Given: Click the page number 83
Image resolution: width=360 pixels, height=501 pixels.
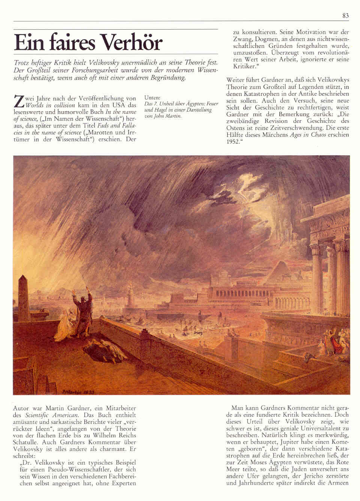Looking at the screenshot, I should [345, 16].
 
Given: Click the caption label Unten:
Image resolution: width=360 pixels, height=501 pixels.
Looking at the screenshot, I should [152, 97].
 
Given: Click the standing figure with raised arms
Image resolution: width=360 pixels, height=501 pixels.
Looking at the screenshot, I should [82, 307].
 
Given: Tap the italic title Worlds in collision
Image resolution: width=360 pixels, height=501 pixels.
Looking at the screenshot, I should [50, 105].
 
